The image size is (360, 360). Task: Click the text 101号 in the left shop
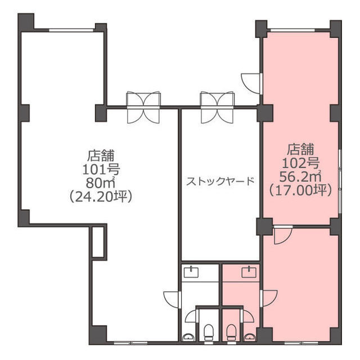click(101, 170)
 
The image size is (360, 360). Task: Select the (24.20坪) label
click(101, 197)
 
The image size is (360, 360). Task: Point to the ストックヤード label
click(220, 181)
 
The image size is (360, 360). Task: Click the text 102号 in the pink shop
click(300, 164)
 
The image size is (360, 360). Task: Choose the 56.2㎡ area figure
click(300, 177)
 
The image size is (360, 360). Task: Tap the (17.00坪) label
click(300, 190)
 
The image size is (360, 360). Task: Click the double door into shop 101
click(143, 107)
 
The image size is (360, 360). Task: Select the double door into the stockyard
click(217, 107)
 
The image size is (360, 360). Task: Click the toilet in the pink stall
click(231, 332)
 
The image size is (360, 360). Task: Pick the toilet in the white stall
click(209, 332)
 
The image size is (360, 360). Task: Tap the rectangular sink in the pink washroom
click(249, 272)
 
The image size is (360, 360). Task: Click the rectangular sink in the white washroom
click(191, 272)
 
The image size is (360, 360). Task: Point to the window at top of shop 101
click(71, 30)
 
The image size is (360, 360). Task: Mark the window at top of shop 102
click(292, 30)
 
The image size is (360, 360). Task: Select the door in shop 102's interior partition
click(283, 235)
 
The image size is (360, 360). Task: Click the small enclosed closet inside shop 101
click(98, 242)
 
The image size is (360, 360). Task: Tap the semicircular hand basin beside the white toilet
click(188, 337)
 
